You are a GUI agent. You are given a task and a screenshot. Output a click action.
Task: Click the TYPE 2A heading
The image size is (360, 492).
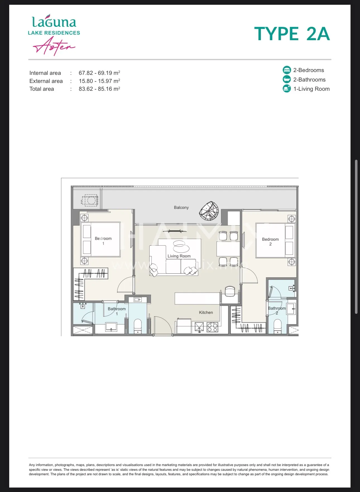292,34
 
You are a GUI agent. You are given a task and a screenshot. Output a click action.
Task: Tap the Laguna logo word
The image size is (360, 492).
54,21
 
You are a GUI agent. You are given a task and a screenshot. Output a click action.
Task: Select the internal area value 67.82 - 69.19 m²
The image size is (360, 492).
99,73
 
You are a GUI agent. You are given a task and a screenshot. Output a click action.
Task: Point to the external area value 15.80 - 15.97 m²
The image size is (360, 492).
99,81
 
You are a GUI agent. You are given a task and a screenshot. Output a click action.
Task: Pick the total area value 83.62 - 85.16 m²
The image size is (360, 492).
99,89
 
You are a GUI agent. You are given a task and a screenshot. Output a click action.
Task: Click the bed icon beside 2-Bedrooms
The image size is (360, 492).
287,70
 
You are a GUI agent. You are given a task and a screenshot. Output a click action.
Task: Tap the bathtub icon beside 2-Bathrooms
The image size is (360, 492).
287,79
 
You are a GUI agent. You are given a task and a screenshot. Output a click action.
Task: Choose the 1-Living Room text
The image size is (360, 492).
311,89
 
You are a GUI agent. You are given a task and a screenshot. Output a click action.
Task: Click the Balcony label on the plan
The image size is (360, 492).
181,207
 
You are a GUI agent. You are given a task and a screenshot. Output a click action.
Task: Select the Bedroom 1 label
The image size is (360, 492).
103,241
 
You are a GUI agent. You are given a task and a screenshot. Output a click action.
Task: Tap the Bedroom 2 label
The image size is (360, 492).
270,242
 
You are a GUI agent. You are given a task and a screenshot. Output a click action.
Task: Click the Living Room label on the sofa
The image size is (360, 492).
179,256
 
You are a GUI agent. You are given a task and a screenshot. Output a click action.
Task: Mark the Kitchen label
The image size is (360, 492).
206,312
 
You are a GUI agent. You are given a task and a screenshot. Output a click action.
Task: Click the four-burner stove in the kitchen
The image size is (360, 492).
212,327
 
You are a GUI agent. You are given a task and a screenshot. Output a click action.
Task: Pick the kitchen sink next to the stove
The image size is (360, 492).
199,327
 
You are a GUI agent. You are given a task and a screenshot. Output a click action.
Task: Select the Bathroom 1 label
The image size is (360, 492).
117,311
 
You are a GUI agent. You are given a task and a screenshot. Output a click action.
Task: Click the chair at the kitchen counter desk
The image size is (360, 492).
230,291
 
